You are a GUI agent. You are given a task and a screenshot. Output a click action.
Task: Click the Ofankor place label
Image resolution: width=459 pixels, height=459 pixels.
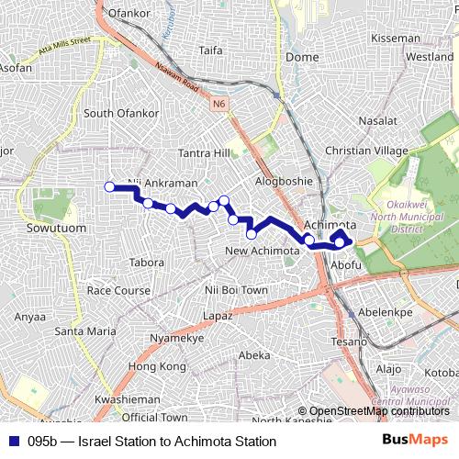pos(128,15)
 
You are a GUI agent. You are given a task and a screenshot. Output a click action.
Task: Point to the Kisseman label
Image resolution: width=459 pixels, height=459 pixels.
pos(395,39)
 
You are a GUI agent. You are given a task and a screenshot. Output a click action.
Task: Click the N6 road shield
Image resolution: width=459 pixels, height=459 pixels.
pos(218,104)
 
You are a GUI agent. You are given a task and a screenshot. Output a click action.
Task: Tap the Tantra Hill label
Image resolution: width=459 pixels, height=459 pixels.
pos(205,151)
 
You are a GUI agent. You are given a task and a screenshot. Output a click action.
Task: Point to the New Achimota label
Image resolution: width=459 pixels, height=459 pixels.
pos(263,251)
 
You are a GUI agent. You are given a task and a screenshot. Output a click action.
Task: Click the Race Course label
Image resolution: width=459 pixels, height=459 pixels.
pos(118,290)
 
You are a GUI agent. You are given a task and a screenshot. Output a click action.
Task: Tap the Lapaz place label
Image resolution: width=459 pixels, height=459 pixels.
pos(218,315)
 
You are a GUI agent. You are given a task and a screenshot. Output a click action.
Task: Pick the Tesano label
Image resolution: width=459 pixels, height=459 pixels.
pos(350,341)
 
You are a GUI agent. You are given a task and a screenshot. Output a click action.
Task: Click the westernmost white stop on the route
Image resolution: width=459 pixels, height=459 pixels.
pos(109,187)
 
